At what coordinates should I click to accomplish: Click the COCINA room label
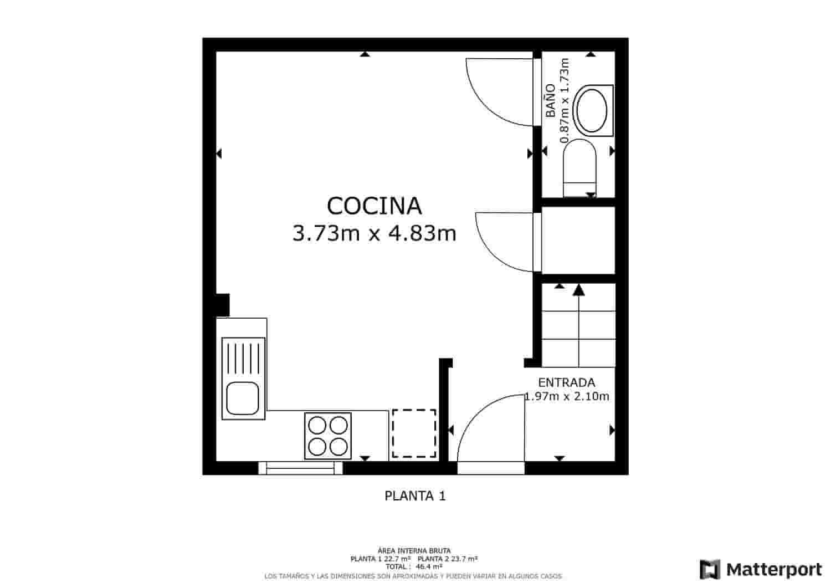click(374, 206)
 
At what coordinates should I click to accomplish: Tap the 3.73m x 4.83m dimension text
click(374, 234)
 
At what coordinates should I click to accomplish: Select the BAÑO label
click(550, 100)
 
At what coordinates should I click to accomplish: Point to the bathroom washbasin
click(592, 110)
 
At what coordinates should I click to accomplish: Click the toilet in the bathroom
click(579, 166)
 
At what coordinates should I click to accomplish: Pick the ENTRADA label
click(566, 382)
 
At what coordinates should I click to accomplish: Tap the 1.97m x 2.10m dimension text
click(567, 396)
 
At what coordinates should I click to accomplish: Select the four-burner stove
click(328, 436)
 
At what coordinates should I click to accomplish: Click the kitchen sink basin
click(243, 398)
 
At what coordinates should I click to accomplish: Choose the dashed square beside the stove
click(414, 433)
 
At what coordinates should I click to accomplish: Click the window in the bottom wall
click(300, 468)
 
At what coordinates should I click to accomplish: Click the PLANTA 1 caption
click(415, 496)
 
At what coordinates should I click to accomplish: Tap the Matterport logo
click(761, 569)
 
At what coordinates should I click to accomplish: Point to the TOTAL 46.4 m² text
click(414, 567)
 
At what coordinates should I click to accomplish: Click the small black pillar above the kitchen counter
click(222, 305)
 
